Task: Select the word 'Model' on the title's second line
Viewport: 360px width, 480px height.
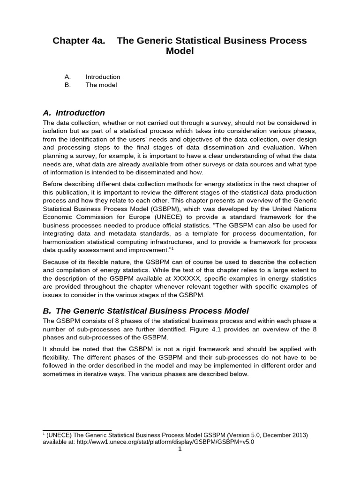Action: [180, 51]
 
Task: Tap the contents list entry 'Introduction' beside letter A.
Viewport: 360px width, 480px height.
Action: [103, 77]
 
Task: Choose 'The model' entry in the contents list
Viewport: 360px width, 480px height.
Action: [101, 85]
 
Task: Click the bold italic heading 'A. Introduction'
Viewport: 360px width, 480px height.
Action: [74, 113]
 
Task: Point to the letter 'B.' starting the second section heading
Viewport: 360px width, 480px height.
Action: [47, 311]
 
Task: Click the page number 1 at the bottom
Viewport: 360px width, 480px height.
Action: [180, 449]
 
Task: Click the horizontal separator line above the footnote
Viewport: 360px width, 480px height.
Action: [77, 430]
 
